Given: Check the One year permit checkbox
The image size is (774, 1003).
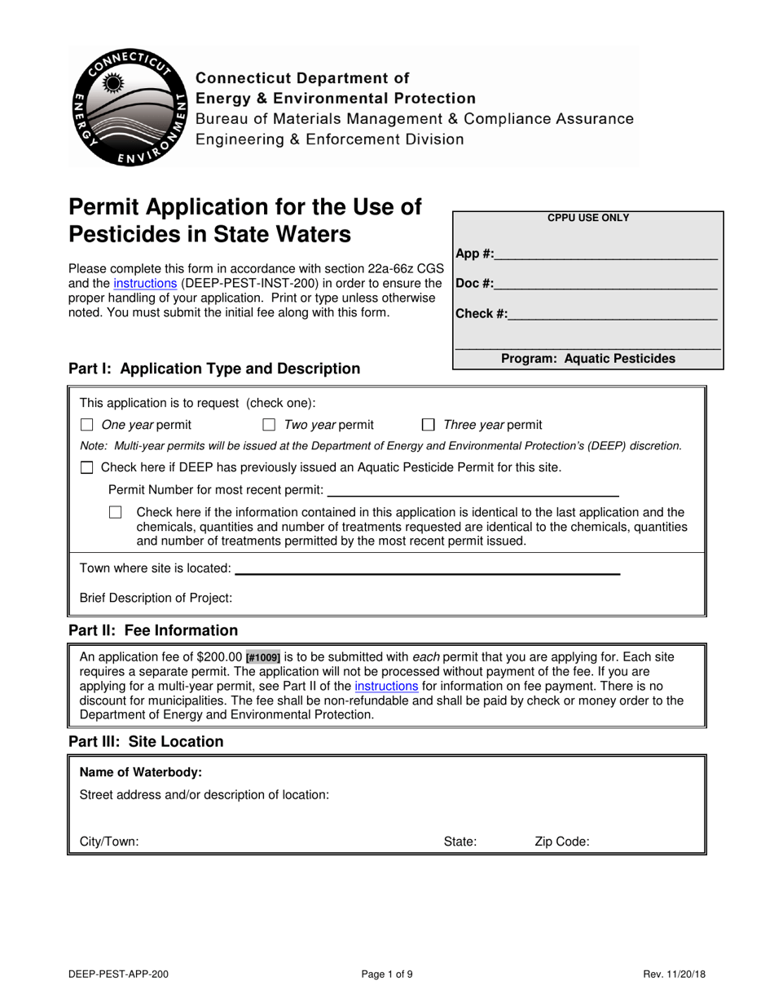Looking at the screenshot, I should (87, 425).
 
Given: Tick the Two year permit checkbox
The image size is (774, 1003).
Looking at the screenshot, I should (269, 425).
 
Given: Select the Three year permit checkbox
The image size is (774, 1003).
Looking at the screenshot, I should (429, 425).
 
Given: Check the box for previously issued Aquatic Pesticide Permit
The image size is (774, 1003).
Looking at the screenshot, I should (87, 468).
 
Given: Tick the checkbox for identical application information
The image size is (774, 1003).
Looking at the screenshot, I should (116, 513).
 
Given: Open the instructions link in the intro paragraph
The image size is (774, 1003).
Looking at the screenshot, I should (145, 283).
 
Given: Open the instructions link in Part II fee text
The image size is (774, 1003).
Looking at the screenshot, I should (386, 687).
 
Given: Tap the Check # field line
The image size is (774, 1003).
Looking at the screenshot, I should (612, 314).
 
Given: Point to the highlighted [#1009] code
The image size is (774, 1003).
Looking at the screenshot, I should (263, 657).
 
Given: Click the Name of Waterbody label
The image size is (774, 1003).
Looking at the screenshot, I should (141, 772).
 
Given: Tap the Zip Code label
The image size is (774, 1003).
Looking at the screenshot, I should (561, 842).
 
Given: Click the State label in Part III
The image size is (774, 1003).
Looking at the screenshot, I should (460, 842).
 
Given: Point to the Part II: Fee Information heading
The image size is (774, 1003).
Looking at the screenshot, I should (153, 630).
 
